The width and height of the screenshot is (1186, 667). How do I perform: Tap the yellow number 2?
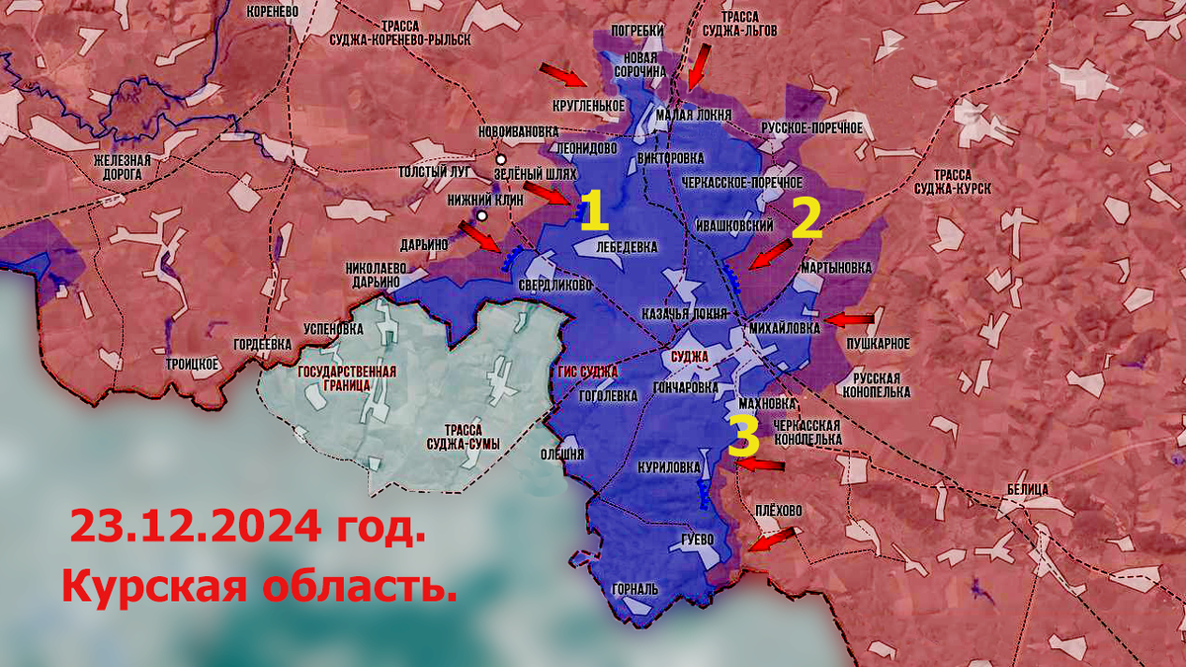point(806,218)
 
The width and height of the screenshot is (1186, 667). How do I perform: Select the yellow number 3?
point(743,435)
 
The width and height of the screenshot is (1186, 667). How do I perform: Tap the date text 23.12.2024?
point(248,526)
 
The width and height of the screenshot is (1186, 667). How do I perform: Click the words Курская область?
point(259,586)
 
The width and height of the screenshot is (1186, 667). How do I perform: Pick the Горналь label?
point(635,588)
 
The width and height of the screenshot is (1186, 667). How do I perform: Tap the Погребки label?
point(637,31)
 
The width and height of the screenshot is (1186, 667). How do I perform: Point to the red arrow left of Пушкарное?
point(850,320)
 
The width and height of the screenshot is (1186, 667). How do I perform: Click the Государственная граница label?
point(347,378)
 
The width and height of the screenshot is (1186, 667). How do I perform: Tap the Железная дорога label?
point(122,167)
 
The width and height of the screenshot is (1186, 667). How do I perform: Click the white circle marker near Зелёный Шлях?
point(501,159)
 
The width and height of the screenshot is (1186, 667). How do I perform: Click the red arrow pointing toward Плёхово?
point(771,540)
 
